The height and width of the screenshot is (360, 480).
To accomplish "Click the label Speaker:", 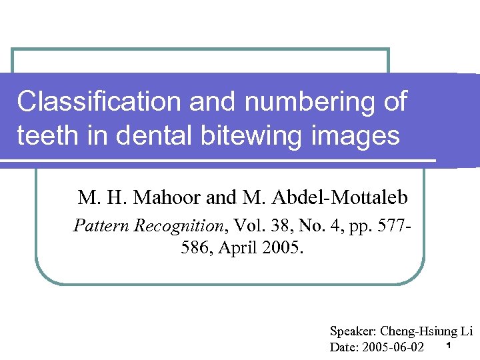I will [x=353, y=331].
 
